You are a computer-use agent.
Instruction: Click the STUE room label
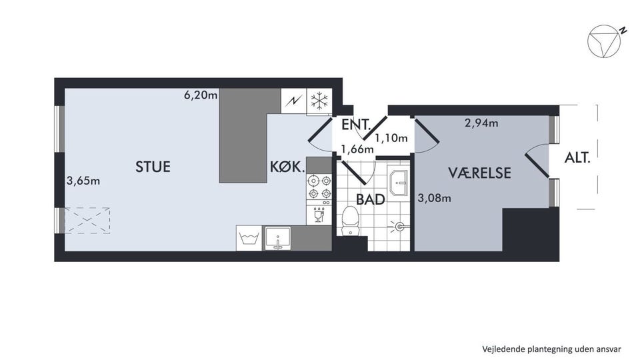pos(153,167)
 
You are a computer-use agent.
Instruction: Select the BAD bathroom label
pos(371,199)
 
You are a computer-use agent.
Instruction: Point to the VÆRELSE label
pos(479,173)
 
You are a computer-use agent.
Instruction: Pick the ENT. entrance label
pos(356,125)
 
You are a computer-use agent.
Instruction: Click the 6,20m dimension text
pos(201,95)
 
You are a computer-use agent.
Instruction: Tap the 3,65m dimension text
pos(83,181)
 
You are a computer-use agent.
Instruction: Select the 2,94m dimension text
pos(481,123)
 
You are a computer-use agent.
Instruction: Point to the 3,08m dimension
pos(434,199)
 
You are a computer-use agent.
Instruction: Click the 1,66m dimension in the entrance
pos(357,149)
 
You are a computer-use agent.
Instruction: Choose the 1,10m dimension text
pos(391,138)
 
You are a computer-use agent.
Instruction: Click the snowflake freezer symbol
pos(319,101)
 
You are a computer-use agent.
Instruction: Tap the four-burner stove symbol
pos(319,187)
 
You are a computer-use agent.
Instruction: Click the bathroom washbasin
pos(399,183)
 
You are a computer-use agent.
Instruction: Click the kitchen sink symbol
pos(278,239)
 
